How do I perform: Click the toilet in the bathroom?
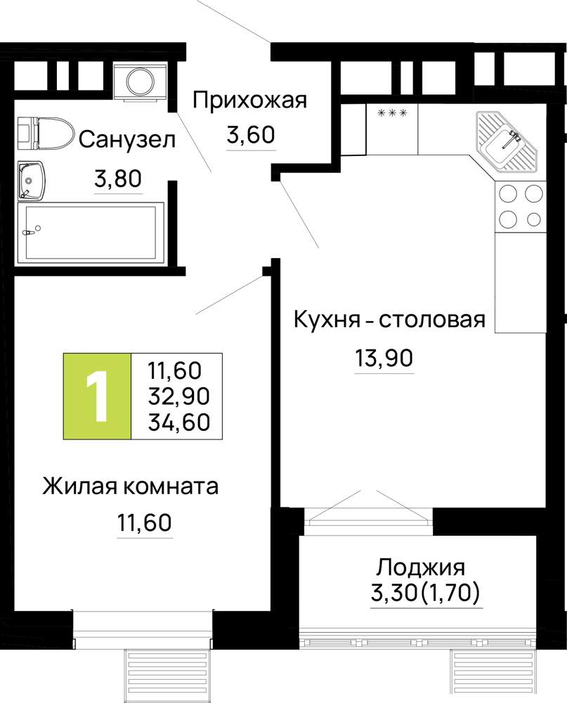46,133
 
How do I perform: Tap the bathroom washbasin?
31,180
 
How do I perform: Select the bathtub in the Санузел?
91,232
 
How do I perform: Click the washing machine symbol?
141,82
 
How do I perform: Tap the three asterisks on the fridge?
393,113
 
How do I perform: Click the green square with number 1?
97,396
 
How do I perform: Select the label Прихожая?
249,101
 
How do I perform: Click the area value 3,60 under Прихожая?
251,134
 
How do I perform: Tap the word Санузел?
127,140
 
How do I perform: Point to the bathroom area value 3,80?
118,179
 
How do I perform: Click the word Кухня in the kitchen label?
327,321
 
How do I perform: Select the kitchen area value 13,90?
384,359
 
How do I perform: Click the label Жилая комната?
131,486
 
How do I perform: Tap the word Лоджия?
420,568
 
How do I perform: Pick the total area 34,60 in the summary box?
179,422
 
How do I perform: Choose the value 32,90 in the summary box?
179,396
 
